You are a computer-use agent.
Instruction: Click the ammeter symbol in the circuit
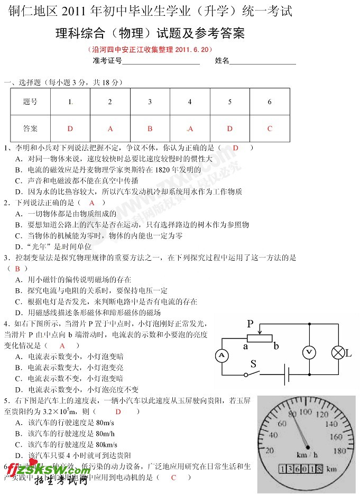pyautogui.click(x=223, y=355)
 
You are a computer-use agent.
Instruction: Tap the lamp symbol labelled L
pyautogui.click(x=337, y=353)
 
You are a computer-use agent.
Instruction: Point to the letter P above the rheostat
pyautogui.click(x=251, y=324)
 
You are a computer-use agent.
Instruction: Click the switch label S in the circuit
pyautogui.click(x=254, y=364)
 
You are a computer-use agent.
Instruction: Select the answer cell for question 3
pyautogui.click(x=150, y=129)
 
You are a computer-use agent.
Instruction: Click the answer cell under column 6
pyautogui.click(x=270, y=129)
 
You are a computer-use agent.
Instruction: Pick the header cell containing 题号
pyautogui.click(x=31, y=102)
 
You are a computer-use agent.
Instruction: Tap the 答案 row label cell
pyautogui.click(x=31, y=129)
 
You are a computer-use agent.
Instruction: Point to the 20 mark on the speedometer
pyautogui.click(x=270, y=451)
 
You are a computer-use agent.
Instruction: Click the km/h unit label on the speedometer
pyautogui.click(x=307, y=455)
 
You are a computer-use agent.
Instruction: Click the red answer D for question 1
pyautogui.click(x=235, y=148)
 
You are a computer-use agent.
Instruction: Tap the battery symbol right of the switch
pyautogui.click(x=286, y=374)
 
